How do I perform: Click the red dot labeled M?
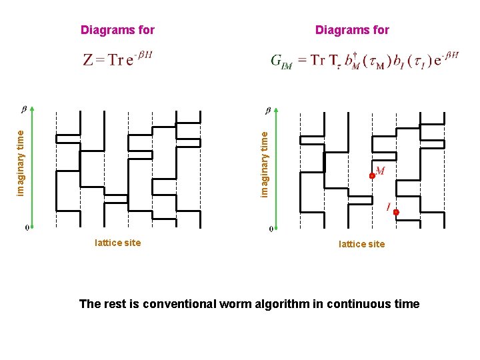[x=373, y=176]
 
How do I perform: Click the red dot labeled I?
[x=395, y=212]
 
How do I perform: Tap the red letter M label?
[x=380, y=171]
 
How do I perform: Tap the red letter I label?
[x=388, y=207]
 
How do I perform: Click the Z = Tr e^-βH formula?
[x=117, y=59]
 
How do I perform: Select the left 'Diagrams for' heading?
[x=117, y=30]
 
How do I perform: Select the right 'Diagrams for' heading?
[x=352, y=30]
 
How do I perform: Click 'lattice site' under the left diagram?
[x=118, y=243]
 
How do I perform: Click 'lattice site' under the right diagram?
[x=361, y=244]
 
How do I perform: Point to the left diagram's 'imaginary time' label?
[x=21, y=163]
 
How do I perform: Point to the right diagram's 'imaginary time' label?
[x=265, y=163]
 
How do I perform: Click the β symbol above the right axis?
[x=268, y=109]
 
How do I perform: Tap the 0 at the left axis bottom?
[x=27, y=228]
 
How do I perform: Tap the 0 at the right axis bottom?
[x=271, y=229]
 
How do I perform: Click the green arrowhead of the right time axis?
[x=275, y=111]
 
